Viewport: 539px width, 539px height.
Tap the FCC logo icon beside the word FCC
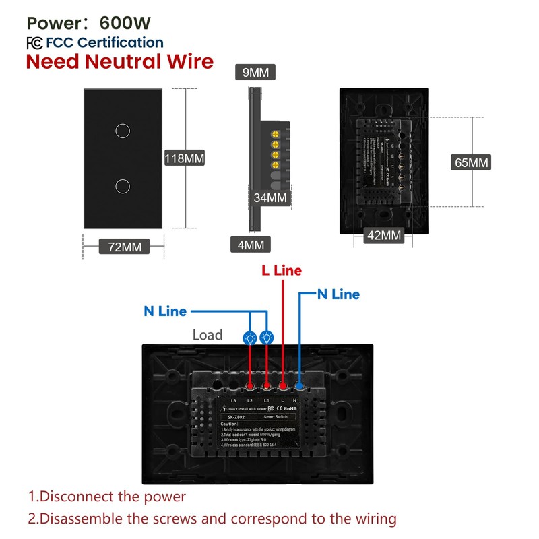pyautogui.click(x=34, y=43)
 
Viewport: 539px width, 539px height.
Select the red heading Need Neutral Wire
pyautogui.click(x=119, y=63)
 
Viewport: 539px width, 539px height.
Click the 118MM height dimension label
pyautogui.click(x=184, y=159)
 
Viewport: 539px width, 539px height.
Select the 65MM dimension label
pyautogui.click(x=471, y=162)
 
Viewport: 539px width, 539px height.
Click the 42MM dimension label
pyautogui.click(x=383, y=235)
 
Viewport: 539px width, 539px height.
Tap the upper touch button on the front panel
pyautogui.click(x=122, y=130)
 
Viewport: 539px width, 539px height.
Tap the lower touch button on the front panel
pyautogui.click(x=122, y=185)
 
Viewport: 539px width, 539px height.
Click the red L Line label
pyautogui.click(x=282, y=271)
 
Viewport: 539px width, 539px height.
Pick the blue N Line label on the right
pyautogui.click(x=338, y=294)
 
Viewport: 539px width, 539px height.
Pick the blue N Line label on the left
pyautogui.click(x=165, y=312)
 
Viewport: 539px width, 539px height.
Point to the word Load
pyautogui.click(x=208, y=335)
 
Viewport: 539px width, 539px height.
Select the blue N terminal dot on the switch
pyautogui.click(x=298, y=386)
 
